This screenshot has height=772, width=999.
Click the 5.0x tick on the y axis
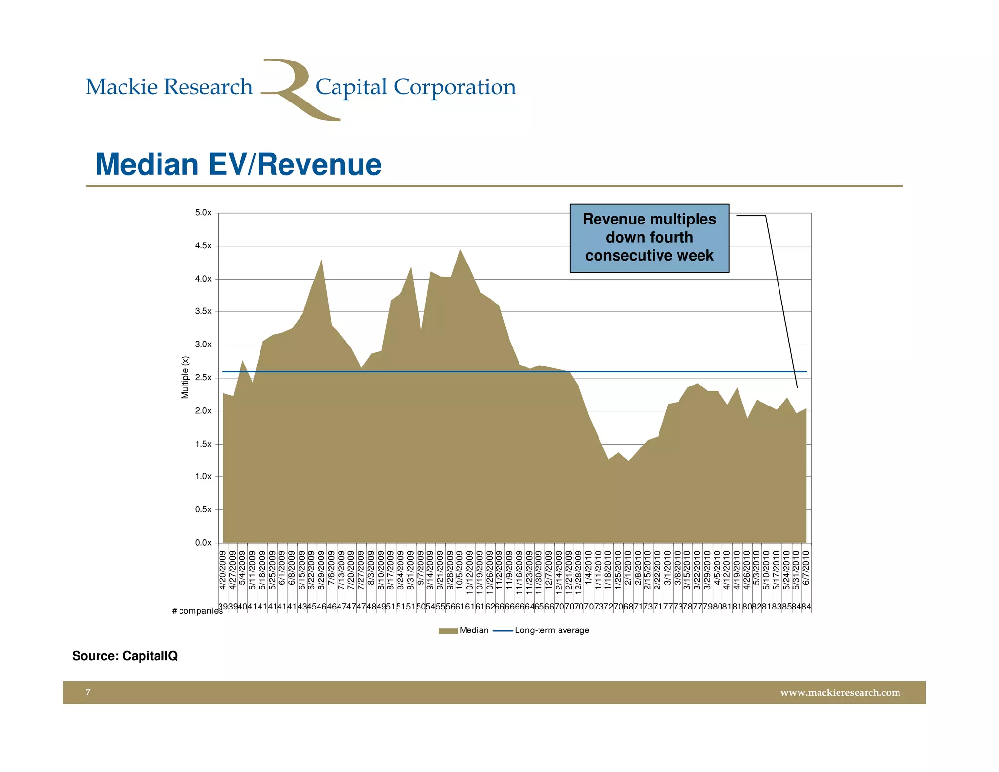pos(203,213)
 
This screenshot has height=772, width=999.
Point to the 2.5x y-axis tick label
pos(203,378)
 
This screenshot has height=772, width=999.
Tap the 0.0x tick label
pos(203,543)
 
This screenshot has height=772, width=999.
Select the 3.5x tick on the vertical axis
pos(203,311)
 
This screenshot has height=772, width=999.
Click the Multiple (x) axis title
pos(185,377)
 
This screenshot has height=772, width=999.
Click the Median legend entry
pos(463,630)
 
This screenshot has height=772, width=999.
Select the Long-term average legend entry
pos(541,630)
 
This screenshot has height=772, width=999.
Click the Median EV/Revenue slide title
pos(238,164)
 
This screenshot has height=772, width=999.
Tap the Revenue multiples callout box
pos(649,238)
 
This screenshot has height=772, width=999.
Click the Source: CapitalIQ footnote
pos(125,656)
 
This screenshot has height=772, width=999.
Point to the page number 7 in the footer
pos(88,692)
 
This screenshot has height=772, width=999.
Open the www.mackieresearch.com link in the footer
pos(840,692)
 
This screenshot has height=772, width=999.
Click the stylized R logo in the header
pos(293,89)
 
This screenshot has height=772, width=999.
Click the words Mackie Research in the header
pos(169,87)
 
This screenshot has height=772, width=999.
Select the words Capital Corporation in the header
pos(415,87)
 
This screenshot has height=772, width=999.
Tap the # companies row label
pos(197,611)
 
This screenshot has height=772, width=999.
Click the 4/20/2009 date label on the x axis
pos(223,571)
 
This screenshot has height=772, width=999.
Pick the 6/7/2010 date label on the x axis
pos(806,569)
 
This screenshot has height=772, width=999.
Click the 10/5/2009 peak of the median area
pos(460,249)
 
